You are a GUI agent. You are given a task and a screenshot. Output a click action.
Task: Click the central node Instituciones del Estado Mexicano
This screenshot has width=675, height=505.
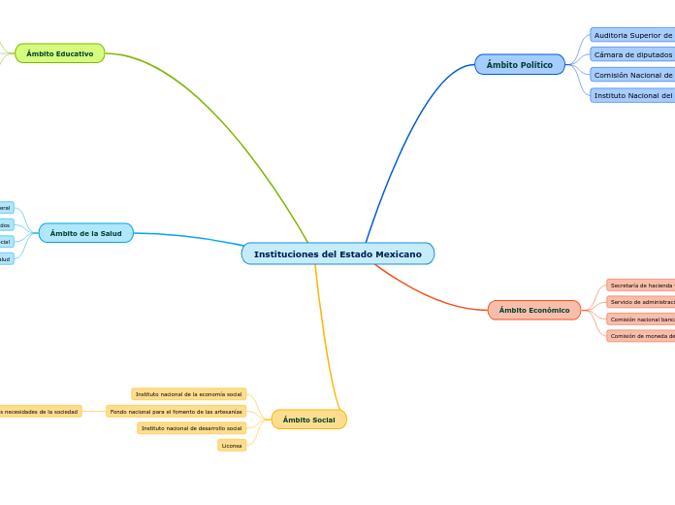click(337, 253)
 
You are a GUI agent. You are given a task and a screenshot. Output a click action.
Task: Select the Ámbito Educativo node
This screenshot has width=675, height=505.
click(60, 53)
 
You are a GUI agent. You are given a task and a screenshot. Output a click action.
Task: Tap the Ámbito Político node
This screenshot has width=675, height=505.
click(519, 65)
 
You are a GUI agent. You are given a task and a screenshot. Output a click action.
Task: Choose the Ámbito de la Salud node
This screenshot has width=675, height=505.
click(86, 233)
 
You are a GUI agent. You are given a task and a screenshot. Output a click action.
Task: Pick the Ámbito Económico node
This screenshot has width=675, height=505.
click(534, 310)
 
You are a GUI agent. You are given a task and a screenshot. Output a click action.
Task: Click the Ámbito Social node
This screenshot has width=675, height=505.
click(308, 420)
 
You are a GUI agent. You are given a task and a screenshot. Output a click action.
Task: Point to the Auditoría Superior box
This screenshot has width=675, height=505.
click(632, 35)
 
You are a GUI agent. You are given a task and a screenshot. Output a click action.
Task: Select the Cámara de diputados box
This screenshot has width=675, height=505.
click(632, 54)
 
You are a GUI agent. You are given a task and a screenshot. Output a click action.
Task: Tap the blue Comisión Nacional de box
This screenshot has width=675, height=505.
click(632, 75)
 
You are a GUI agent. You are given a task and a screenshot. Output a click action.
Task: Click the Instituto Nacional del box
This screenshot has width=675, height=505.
click(632, 95)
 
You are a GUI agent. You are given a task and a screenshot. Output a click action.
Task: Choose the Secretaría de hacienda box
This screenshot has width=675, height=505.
click(641, 286)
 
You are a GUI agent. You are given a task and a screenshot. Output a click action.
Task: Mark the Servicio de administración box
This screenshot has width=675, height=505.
click(641, 302)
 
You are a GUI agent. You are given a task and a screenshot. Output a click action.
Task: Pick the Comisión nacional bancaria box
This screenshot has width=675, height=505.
click(641, 320)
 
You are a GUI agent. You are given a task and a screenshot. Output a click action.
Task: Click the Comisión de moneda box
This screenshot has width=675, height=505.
click(641, 336)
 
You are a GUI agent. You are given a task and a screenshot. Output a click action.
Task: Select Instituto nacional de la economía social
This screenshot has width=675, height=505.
click(189, 394)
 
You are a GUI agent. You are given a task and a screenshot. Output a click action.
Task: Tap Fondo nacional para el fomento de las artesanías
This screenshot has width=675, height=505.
click(177, 412)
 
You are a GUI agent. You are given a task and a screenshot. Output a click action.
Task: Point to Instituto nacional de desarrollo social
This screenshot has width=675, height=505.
click(192, 428)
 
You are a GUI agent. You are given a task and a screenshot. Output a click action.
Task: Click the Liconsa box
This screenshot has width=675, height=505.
click(232, 446)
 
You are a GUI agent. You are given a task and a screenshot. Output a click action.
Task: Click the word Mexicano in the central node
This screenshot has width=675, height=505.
click(399, 253)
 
